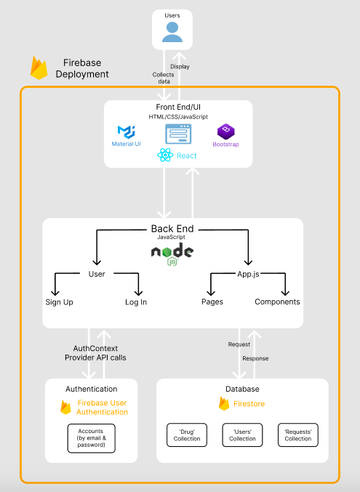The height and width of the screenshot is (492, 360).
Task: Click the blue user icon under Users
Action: (172, 32)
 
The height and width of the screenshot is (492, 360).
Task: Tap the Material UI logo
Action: (127, 132)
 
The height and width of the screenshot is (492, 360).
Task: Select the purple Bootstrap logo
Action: (226, 132)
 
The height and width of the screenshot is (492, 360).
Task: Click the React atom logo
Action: (165, 155)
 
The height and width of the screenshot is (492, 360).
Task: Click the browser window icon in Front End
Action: (178, 134)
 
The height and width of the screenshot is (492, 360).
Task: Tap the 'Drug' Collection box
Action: (187, 435)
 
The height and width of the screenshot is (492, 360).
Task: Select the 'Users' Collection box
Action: (242, 435)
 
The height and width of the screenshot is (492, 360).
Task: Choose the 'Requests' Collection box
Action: (298, 435)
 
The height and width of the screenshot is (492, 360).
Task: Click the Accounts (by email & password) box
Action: (92, 438)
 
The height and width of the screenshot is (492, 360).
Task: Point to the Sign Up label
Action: (59, 302)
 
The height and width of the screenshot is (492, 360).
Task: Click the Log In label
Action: (136, 302)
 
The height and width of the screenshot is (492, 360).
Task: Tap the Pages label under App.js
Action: (212, 302)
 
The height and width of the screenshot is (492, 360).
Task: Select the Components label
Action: (277, 302)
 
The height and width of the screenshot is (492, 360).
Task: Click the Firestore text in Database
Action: (249, 404)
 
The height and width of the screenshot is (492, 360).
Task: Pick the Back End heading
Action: (172, 229)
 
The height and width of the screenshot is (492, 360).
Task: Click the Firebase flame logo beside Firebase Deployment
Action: (39, 68)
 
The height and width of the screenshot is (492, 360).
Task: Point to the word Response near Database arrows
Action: (255, 358)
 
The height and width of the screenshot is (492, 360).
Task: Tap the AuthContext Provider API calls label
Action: (95, 353)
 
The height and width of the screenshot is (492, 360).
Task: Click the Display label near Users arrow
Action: (180, 67)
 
